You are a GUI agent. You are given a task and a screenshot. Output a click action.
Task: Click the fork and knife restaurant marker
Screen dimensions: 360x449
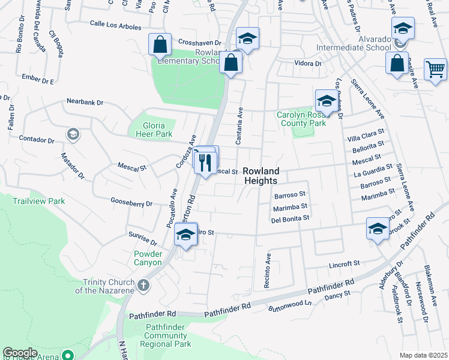click(x=205, y=162)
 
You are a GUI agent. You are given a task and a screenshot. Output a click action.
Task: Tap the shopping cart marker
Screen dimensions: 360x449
click(x=435, y=68)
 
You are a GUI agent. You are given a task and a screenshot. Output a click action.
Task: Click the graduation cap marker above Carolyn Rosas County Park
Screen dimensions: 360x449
click(x=325, y=100)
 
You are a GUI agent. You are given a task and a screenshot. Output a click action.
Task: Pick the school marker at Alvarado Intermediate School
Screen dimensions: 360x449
click(x=403, y=28)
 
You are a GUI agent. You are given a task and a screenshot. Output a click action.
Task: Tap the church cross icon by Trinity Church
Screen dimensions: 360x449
click(x=143, y=286)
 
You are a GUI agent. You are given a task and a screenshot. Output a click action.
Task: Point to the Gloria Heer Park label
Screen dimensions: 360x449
click(x=151, y=129)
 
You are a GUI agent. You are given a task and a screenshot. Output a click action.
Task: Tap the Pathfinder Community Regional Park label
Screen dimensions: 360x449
click(x=166, y=335)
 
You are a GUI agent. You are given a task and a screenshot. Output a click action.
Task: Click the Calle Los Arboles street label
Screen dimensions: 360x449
click(x=115, y=27)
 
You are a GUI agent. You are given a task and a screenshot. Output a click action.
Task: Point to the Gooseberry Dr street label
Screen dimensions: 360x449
click(x=131, y=203)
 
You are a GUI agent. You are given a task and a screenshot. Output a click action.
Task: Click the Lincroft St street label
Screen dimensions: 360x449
click(x=343, y=263)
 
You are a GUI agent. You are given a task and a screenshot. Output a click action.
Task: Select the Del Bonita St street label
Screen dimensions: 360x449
click(x=289, y=219)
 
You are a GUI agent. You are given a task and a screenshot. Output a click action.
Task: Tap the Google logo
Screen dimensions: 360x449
click(x=20, y=353)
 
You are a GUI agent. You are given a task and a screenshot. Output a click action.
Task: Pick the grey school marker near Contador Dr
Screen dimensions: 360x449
click(x=73, y=133)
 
